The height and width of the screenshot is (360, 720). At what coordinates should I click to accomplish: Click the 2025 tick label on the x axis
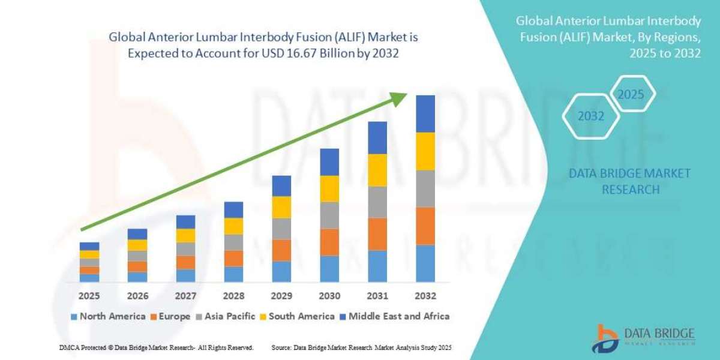pyautogui.click(x=89, y=296)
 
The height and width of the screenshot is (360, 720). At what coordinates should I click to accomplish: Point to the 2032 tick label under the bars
pyautogui.click(x=425, y=296)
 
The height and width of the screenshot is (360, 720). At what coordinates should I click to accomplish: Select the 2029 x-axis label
pyautogui.click(x=281, y=296)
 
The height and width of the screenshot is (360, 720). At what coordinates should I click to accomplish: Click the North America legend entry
pyautogui.click(x=107, y=316)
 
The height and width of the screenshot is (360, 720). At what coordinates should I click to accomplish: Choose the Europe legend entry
pyautogui.click(x=170, y=316)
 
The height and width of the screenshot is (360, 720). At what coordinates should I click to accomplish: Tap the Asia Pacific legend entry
pyautogui.click(x=226, y=316)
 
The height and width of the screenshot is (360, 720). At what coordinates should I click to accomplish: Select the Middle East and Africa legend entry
pyautogui.click(x=394, y=316)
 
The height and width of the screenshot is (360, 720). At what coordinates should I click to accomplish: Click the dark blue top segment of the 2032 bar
pyautogui.click(x=425, y=113)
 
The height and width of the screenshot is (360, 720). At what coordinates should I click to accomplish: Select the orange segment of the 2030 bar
pyautogui.click(x=329, y=242)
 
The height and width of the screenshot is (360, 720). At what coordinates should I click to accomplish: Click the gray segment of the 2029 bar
pyautogui.click(x=281, y=229)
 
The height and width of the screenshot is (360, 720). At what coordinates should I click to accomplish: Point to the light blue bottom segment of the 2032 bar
pyautogui.click(x=425, y=263)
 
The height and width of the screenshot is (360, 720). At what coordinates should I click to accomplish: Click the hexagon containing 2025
pyautogui.click(x=631, y=95)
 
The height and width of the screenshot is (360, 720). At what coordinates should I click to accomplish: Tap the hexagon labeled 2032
pyautogui.click(x=591, y=116)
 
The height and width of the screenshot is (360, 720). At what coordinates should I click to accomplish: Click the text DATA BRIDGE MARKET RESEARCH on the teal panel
pyautogui.click(x=629, y=181)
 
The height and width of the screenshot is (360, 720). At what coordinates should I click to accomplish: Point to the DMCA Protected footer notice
pyautogui.click(x=156, y=347)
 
